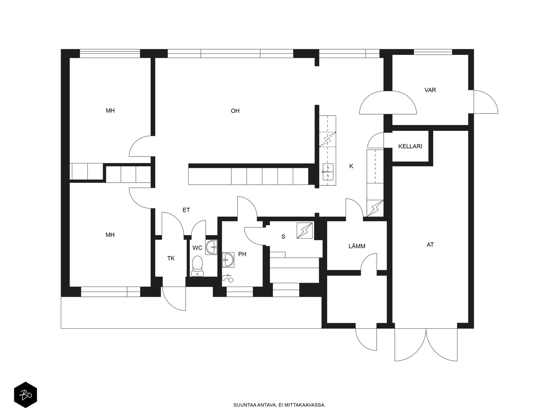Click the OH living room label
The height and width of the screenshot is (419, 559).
(235, 111)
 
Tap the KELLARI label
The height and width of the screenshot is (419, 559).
(410, 146)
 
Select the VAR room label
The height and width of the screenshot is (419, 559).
(430, 90)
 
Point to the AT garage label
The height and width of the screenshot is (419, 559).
(430, 244)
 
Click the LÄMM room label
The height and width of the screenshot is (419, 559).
(357, 246)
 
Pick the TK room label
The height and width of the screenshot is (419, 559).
(171, 258)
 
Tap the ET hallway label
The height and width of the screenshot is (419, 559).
(186, 210)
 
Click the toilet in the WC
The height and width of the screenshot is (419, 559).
(197, 266)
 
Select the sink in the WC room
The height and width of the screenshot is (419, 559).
(211, 247)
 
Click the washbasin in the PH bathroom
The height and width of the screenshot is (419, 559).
(228, 260)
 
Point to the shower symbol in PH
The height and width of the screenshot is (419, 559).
(227, 278)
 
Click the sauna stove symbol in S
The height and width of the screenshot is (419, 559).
(305, 230)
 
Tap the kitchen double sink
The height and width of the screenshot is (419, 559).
(328, 172)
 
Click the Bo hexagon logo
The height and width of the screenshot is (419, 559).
(26, 395)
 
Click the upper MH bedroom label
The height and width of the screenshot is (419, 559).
(110, 110)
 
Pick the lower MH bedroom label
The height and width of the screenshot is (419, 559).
(110, 235)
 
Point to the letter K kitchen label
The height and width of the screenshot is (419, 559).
(351, 166)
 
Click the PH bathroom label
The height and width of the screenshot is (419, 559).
(242, 254)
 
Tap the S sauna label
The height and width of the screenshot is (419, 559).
(283, 237)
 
